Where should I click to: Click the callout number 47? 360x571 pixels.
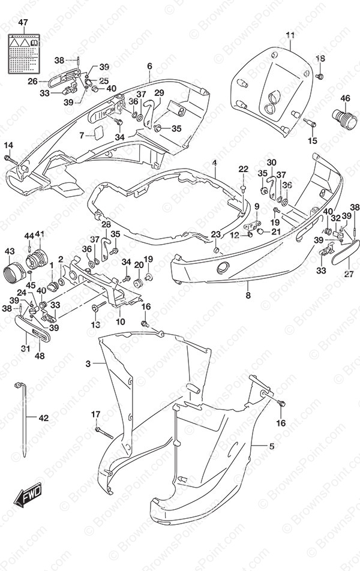point(23,23)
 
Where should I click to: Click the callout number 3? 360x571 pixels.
point(88,363)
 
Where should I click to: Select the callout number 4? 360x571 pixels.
point(214,163)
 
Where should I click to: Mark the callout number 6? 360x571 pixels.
point(149,66)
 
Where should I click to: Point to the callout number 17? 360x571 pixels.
point(95,414)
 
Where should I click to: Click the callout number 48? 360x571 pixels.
point(40,355)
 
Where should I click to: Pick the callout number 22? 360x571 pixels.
point(243,169)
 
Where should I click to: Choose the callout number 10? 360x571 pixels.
point(120,322)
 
